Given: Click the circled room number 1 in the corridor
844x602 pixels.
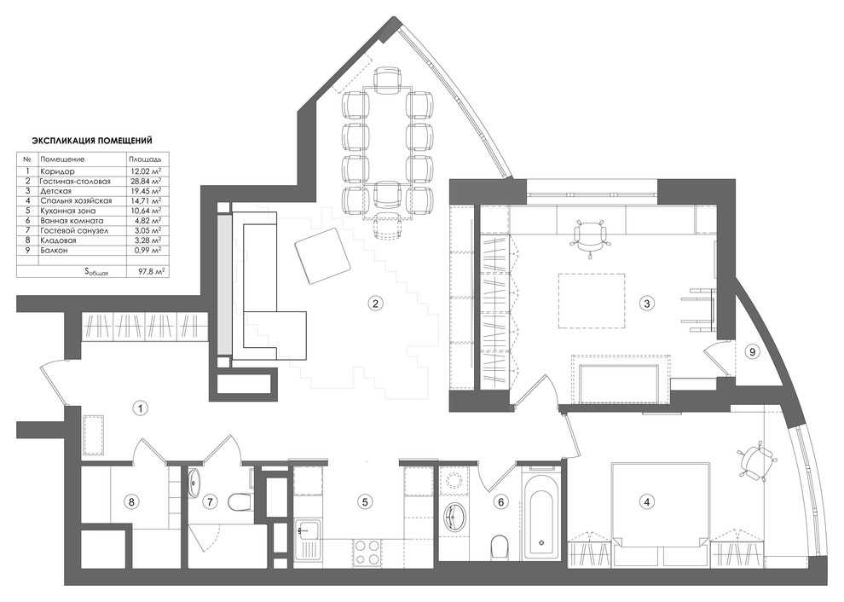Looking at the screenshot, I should [x=142, y=408].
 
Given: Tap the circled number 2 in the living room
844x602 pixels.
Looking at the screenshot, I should [x=373, y=302].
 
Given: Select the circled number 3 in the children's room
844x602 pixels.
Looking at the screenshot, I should [x=647, y=302].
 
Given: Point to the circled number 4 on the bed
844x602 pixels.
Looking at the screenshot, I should [x=647, y=501].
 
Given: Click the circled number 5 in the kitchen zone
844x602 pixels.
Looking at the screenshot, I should [x=364, y=501].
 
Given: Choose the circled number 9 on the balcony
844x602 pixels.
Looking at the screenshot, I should [x=751, y=350].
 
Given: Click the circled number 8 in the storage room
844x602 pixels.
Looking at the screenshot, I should [x=130, y=501].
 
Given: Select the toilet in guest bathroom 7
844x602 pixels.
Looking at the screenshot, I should [x=240, y=501].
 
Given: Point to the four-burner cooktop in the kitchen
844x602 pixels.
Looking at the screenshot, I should [x=370, y=552].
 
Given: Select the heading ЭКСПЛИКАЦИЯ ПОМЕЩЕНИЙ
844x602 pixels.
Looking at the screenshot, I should [x=92, y=141].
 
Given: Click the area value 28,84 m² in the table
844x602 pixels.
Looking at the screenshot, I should [x=144, y=182].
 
